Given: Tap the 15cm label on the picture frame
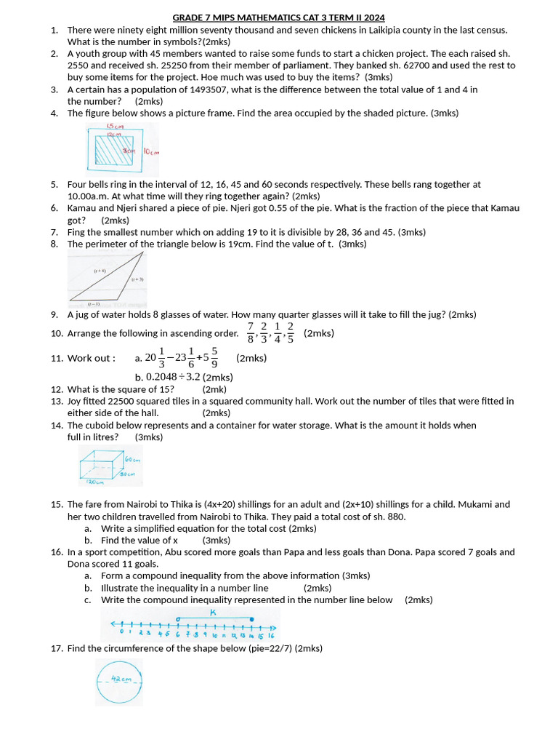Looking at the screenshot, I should pos(115,127).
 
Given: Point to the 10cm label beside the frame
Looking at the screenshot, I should pos(150,152).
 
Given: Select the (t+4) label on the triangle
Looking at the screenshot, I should pos(100,271).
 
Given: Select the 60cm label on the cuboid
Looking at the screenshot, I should pos(132,460).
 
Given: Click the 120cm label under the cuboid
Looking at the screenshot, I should pos(95,482).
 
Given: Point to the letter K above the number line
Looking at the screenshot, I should pos(213,613).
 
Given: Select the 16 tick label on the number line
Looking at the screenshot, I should pos(270,634).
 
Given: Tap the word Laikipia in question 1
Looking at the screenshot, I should pos(398,30).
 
